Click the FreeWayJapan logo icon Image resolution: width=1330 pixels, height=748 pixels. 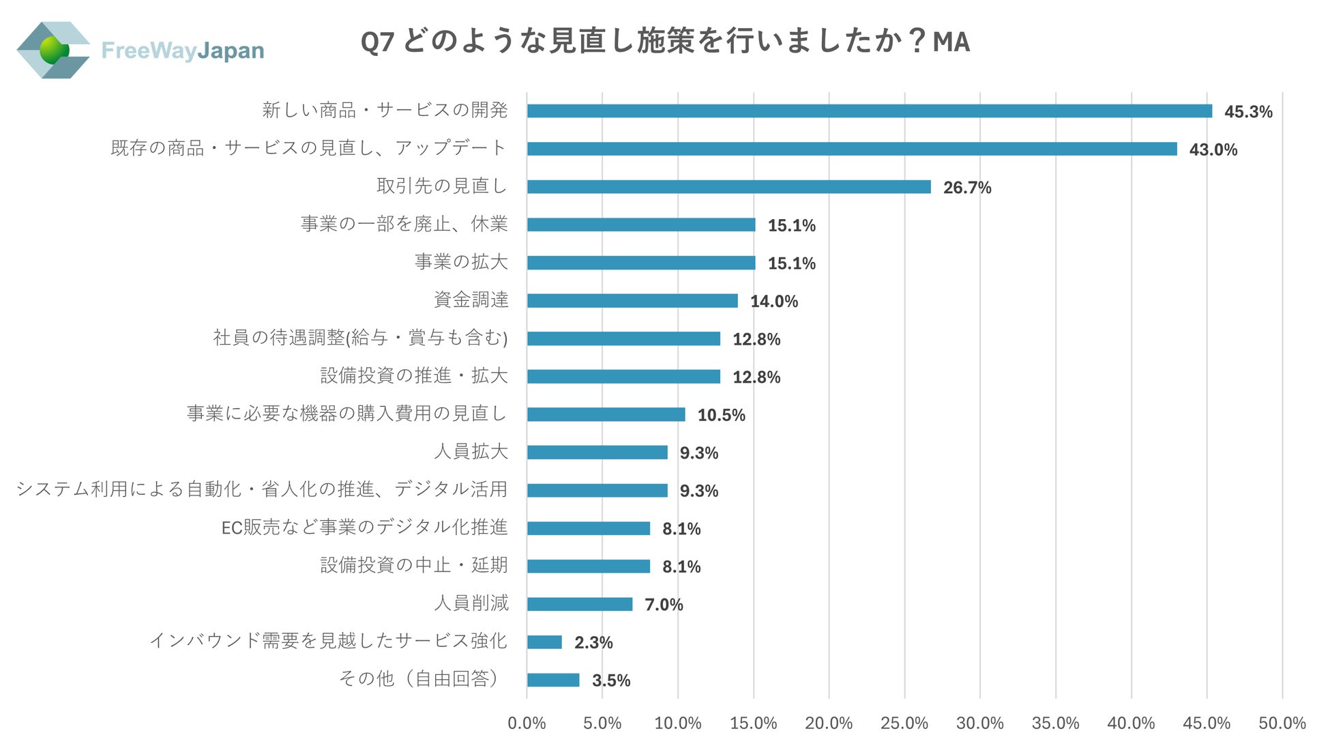pos(53,50)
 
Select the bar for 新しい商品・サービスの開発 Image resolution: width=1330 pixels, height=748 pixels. pos(869,111)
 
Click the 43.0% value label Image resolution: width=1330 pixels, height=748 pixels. pos(1213,149)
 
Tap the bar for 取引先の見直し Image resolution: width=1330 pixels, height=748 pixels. pos(728,187)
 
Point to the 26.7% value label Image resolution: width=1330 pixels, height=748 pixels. pos(966,188)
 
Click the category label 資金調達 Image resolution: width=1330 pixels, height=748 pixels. pos(471,300)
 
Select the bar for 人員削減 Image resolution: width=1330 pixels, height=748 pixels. pos(579,604)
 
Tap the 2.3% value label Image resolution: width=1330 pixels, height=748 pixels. pos(593,642)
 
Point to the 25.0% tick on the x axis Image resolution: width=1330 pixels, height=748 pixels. pos(904,723)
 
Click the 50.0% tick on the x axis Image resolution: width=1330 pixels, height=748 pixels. pos(1282,723)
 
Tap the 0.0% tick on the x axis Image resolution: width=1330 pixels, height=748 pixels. pos(527,723)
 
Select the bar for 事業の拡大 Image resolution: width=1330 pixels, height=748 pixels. pos(641,263)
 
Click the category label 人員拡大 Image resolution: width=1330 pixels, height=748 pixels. pos(471,451)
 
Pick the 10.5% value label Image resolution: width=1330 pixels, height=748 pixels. pos(721,415)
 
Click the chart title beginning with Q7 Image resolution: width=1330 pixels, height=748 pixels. pos(665,42)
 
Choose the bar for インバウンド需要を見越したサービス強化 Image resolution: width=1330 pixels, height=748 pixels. pos(544,642)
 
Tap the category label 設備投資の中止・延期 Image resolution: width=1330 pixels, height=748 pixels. pos(414,565)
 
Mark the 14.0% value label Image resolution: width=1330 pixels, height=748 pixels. pos(773,301)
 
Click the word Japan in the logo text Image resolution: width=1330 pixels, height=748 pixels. pos(231,51)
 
